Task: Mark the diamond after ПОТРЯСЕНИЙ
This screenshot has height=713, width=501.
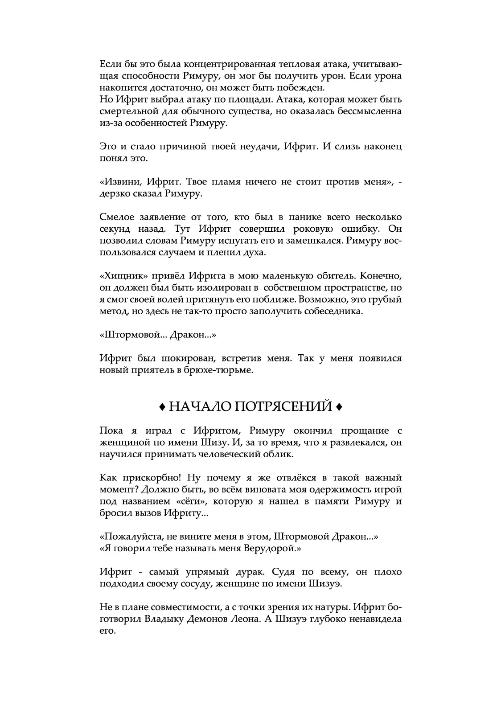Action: pyautogui.click(x=339, y=407)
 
